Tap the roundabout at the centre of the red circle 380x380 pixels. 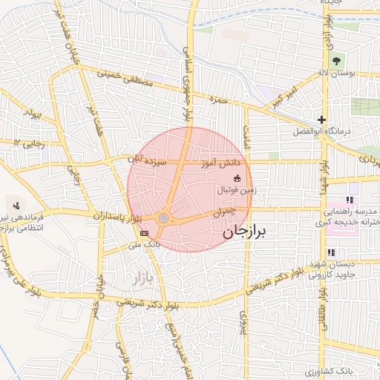[x=163, y=218]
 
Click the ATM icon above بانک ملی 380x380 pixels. [x=143, y=233]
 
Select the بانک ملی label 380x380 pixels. [x=143, y=244]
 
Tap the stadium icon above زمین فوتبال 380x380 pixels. [x=237, y=178]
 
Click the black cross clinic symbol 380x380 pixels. [x=321, y=119]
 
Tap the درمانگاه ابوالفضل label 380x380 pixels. [x=346, y=131]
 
